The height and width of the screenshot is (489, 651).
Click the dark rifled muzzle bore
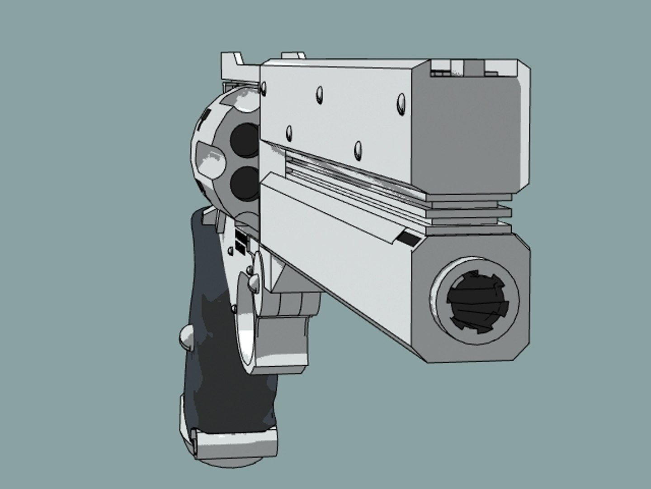pyautogui.click(x=475, y=301)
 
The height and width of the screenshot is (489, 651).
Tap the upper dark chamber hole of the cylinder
pyautogui.click(x=245, y=138)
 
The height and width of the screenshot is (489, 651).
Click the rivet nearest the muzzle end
pyautogui.click(x=401, y=102)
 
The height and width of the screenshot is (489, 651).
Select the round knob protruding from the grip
pyautogui.click(x=186, y=338)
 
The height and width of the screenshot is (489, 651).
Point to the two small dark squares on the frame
pyautogui.click(x=241, y=243)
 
